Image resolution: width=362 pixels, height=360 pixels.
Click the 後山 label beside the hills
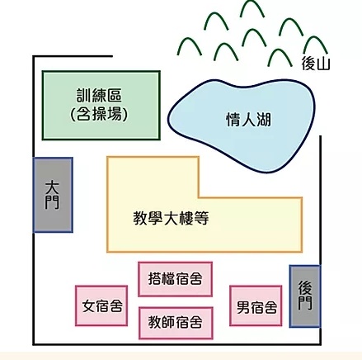pyautogui.click(x=316, y=64)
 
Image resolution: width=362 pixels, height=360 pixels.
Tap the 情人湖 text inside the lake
pyautogui.click(x=248, y=120)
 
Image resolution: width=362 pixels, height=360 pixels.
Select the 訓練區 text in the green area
pyautogui.click(x=99, y=96)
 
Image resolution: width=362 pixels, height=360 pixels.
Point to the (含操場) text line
pyautogui.click(x=99, y=114)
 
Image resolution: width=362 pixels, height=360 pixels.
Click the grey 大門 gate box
pyautogui.click(x=53, y=195)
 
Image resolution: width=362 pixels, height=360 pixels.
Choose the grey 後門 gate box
pyautogui.click(x=305, y=296)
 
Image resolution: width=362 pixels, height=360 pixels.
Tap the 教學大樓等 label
pyautogui.click(x=171, y=218)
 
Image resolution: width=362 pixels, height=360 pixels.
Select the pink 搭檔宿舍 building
pyautogui.click(x=176, y=279)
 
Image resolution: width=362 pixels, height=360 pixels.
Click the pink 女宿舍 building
pyautogui.click(x=101, y=306)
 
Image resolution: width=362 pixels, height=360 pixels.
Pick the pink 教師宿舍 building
pyautogui.click(x=176, y=323)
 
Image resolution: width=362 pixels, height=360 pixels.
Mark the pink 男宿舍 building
pyautogui.click(x=256, y=306)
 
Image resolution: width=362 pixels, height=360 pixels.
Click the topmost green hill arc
pyautogui.click(x=252, y=2)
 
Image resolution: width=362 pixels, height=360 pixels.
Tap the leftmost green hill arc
pyautogui.click(x=190, y=40)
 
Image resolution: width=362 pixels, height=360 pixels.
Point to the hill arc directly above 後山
pyautogui.click(x=316, y=38)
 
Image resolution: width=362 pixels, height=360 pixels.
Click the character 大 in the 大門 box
pyautogui.click(x=52, y=187)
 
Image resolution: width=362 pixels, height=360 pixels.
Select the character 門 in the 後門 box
pyautogui.click(x=305, y=303)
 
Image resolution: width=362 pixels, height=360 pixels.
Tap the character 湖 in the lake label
pyautogui.click(x=264, y=120)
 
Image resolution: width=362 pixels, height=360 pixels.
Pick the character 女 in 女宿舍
pyautogui.click(x=88, y=306)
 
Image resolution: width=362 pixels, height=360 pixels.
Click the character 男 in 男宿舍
pyautogui.click(x=243, y=307)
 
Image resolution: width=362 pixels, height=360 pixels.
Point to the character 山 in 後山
pyautogui.click(x=323, y=64)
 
